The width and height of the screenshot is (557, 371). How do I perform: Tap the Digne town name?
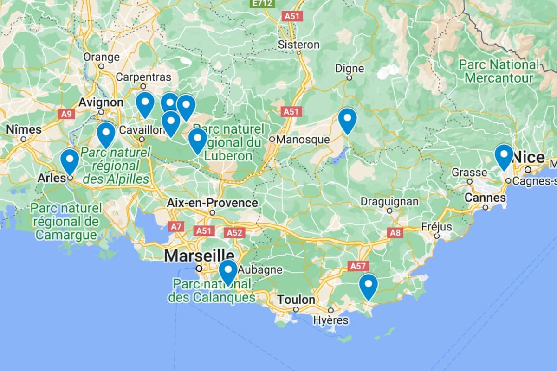click(x=350, y=69)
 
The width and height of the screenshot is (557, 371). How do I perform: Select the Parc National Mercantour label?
click(x=499, y=71)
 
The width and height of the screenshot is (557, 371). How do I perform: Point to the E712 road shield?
click(x=262, y=3)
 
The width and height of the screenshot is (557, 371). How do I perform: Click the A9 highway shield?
click(x=66, y=113)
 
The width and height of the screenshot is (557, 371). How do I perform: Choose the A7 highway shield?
click(x=175, y=226)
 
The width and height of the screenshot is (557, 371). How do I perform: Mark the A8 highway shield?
click(x=395, y=232)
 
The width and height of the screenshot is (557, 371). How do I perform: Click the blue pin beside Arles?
click(x=70, y=160)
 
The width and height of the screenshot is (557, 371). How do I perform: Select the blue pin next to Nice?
click(x=504, y=155)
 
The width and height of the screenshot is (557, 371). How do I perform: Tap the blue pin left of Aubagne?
click(x=228, y=271)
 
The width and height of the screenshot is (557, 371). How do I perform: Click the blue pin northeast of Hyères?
click(x=368, y=285)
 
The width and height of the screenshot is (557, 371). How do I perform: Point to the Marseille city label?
click(x=199, y=256)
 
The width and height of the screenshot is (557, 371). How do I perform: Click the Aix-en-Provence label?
click(x=212, y=203)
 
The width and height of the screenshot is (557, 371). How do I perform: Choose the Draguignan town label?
click(x=389, y=202)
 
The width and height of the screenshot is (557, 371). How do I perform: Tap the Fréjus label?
click(x=436, y=227)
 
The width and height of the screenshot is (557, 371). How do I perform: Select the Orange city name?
click(x=101, y=57)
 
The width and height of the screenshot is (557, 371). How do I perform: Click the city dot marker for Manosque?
click(x=272, y=139)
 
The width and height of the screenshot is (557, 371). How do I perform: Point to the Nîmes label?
click(x=24, y=129)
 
